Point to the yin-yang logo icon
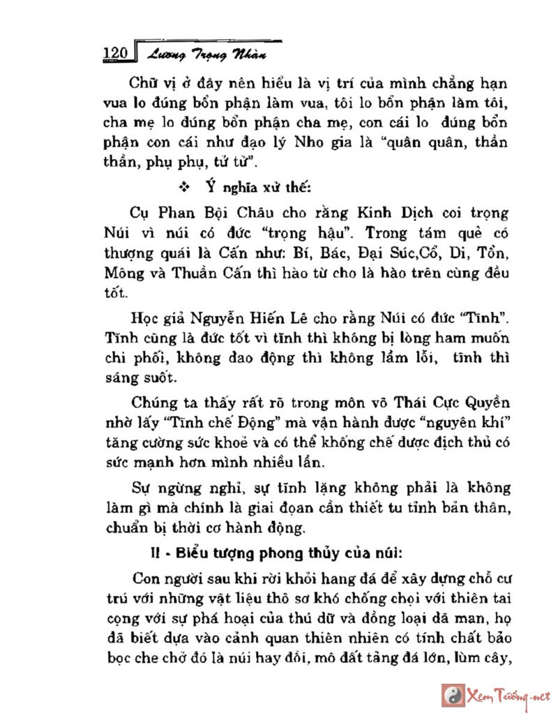pyautogui.click(x=453, y=696)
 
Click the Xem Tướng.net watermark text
pyautogui.click(x=509, y=696)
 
